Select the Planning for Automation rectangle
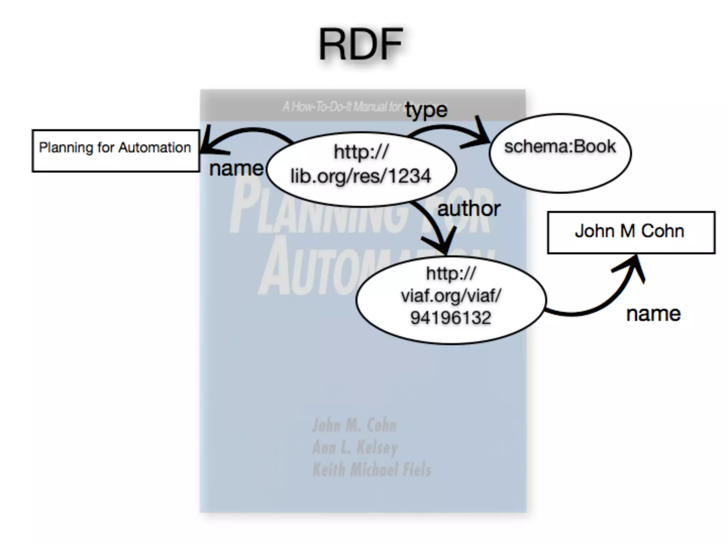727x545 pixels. pos(115,151)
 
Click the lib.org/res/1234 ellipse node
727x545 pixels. pos(361,169)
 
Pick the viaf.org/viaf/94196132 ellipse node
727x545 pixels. pos(450,299)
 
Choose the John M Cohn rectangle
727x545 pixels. pos(631,232)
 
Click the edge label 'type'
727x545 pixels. pos(426,110)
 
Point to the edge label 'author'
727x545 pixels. pos(469,209)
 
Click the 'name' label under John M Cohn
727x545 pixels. pos(653,314)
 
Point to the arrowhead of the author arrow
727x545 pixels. pos(442,245)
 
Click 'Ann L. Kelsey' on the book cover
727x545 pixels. pos(355,447)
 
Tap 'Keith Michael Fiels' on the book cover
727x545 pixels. pos(372,469)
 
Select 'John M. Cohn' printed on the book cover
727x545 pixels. pos(354,425)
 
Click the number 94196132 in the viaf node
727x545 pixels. pos(450,317)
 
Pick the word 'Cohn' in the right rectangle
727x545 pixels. pos(662,231)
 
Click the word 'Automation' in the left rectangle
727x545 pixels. pos(154,148)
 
